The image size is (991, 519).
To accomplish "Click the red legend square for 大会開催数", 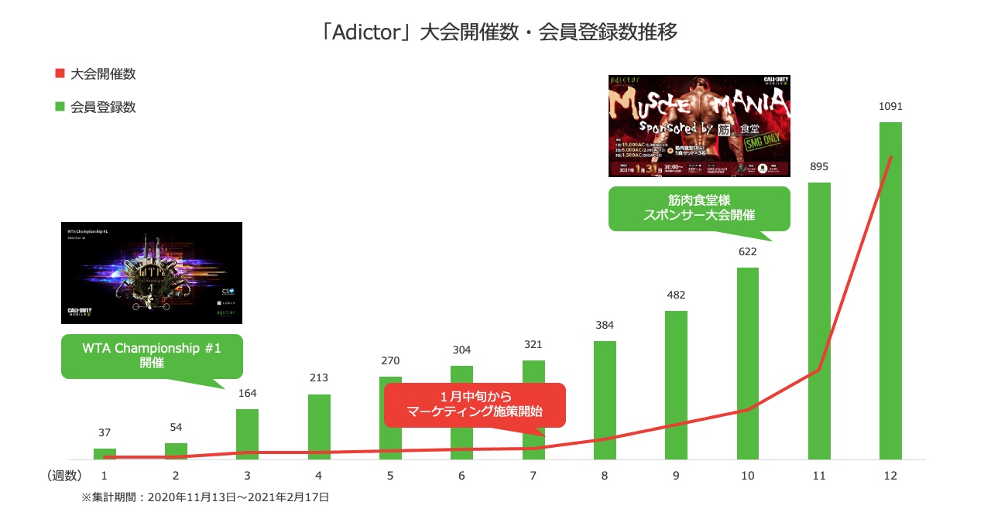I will (x=60, y=74).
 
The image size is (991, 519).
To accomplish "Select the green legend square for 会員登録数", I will (x=60, y=107).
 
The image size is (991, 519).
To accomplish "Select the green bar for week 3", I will (x=247, y=434).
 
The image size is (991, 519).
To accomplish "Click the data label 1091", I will (x=890, y=107).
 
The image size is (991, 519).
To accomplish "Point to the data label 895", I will (x=819, y=167).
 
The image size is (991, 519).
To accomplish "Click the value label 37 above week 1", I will (x=105, y=432).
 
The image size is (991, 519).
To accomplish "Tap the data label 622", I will (x=747, y=251).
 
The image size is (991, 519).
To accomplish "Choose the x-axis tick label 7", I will (x=533, y=476).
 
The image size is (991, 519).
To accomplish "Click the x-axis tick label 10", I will (x=747, y=476).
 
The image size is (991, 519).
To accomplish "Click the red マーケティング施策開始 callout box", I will (x=475, y=405).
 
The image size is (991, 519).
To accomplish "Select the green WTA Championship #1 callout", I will (x=152, y=356).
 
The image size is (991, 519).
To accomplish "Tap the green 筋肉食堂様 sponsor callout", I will (x=699, y=208).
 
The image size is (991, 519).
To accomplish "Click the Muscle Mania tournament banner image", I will (x=699, y=126).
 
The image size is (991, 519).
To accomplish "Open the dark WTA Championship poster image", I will (x=152, y=272).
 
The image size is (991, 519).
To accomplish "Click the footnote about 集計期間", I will (x=205, y=497).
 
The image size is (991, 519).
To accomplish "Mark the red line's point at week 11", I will (x=819, y=370).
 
